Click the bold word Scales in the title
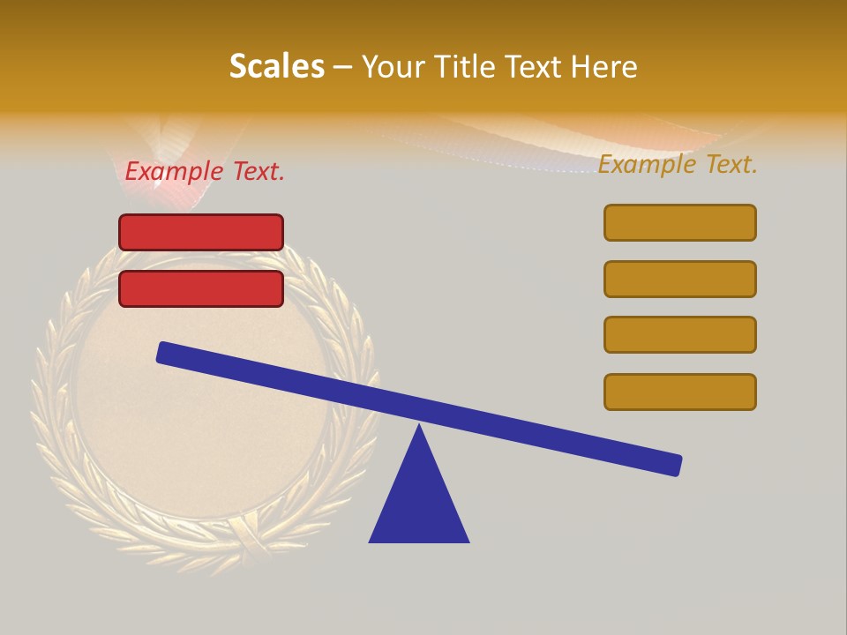click(x=276, y=66)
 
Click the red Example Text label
click(x=205, y=171)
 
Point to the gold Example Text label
click(x=678, y=164)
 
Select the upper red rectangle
click(x=201, y=232)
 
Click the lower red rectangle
click(x=201, y=288)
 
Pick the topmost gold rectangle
click(x=680, y=222)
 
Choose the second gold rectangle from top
click(x=680, y=279)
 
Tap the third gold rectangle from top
click(x=680, y=334)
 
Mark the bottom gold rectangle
click(x=680, y=392)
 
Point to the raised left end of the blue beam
click(x=164, y=352)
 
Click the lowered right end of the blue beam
click(x=674, y=465)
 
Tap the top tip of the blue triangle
click(x=419, y=427)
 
